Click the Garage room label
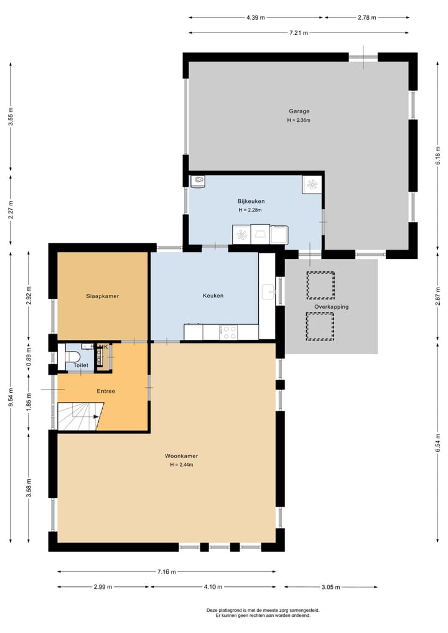coord(298,111)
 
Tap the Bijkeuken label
coord(251,201)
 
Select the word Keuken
coord(213,296)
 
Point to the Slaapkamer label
coord(102,296)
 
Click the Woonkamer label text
coord(182,456)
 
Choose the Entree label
coord(105,392)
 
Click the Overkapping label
coord(331,307)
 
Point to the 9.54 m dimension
coord(11,396)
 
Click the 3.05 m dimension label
coord(331,587)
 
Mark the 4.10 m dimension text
coord(212,587)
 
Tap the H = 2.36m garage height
coord(298,120)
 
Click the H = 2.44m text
coord(182,465)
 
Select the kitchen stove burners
coord(229,332)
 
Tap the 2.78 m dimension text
coord(366,17)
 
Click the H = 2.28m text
coord(250,210)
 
